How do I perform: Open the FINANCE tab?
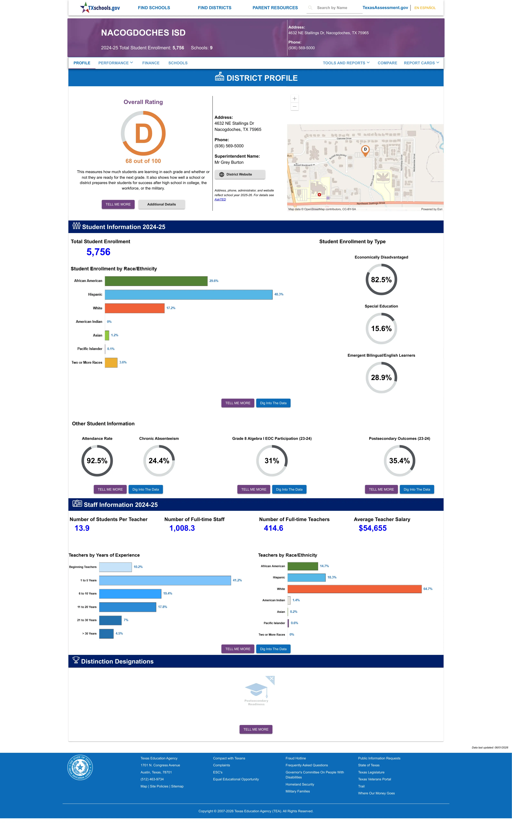click(x=151, y=63)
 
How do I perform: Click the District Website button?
click(x=240, y=174)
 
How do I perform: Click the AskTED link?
click(x=220, y=199)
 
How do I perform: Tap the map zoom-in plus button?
click(x=295, y=98)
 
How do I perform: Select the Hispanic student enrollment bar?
click(x=189, y=294)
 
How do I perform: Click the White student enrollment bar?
click(x=135, y=308)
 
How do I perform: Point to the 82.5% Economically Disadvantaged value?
click(x=381, y=280)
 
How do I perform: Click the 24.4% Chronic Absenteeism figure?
click(x=159, y=461)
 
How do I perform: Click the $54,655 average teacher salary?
click(x=372, y=528)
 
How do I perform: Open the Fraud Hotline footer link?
click(x=296, y=758)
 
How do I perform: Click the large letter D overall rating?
click(x=144, y=134)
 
